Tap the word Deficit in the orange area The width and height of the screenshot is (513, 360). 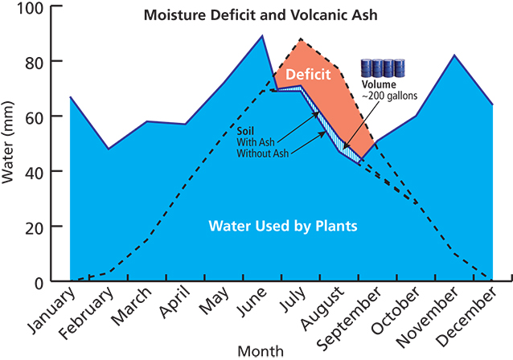tap(309, 76)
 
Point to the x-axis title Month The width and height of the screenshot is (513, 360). tap(261, 351)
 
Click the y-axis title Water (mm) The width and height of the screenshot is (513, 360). tap(10, 145)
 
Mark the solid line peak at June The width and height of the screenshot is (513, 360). tap(262, 35)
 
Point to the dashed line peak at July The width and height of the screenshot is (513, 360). tap(300, 39)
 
